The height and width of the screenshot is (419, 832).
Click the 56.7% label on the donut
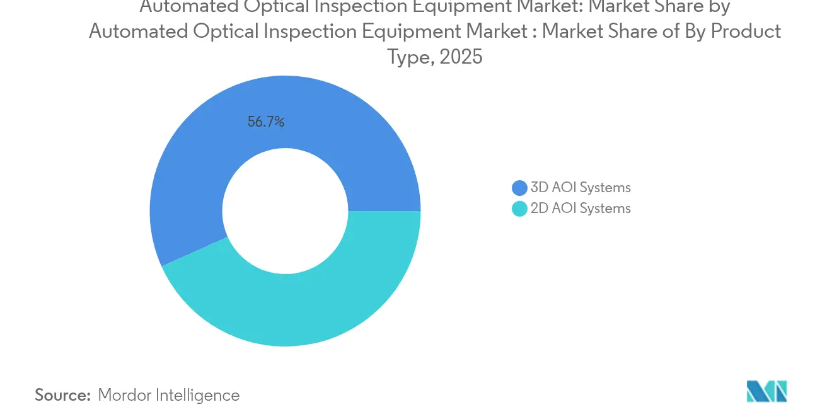pos(265,122)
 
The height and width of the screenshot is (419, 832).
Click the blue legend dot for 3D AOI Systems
pos(519,188)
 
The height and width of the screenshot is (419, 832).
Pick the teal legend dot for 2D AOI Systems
pos(519,209)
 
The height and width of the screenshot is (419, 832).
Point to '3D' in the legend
pos(540,188)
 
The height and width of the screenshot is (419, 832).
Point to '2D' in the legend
pos(540,209)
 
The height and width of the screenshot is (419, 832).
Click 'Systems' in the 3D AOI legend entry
pos(605,188)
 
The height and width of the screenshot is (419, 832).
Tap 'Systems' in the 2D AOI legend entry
pos(605,209)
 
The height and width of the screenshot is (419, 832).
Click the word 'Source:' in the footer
pos(62,395)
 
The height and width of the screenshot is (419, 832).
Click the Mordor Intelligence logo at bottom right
pos(766,391)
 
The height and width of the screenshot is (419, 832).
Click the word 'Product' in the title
pos(746,31)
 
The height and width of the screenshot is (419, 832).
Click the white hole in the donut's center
pos(285,211)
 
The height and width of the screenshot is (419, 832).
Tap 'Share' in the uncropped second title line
pos(627,31)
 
